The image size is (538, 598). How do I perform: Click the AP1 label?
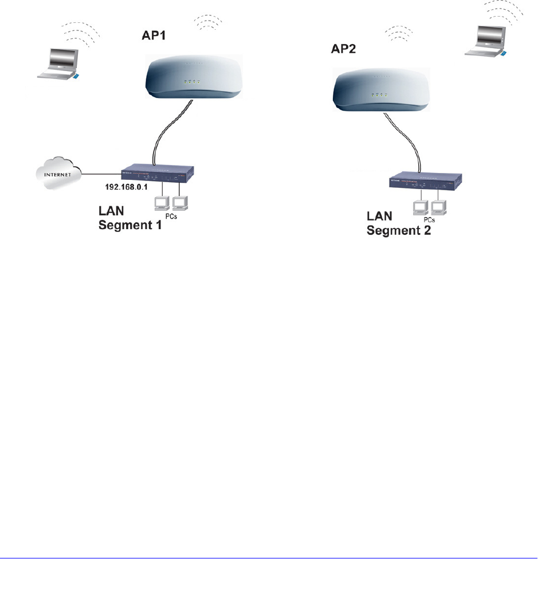coord(157,36)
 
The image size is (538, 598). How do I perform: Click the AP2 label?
coord(344,49)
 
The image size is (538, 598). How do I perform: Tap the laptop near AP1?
coord(56,62)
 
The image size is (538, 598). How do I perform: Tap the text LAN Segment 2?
coord(395,224)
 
